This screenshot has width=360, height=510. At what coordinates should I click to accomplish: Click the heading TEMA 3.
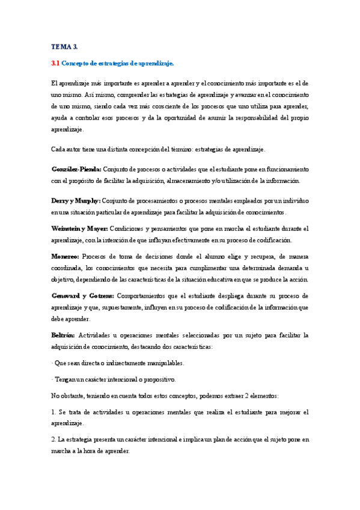tap(64, 46)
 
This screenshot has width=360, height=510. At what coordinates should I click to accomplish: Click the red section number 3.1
tap(55, 63)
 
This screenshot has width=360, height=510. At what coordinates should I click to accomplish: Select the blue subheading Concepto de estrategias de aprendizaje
tap(118, 63)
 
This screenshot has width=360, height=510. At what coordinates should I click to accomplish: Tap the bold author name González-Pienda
tap(76, 169)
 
